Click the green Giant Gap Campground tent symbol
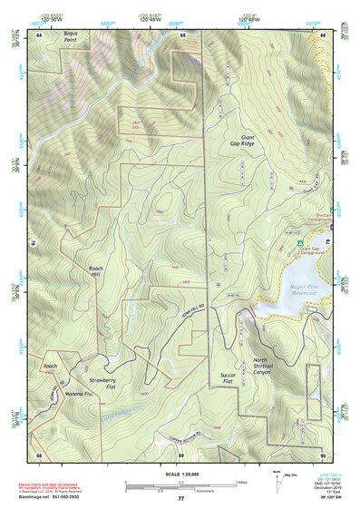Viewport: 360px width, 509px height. pos(297,242)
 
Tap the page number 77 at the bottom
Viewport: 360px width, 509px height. pos(180,499)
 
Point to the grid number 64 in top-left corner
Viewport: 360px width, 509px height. pos(39,34)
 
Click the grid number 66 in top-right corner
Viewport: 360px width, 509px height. pos(324,34)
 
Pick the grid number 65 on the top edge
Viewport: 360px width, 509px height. pos(182,34)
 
